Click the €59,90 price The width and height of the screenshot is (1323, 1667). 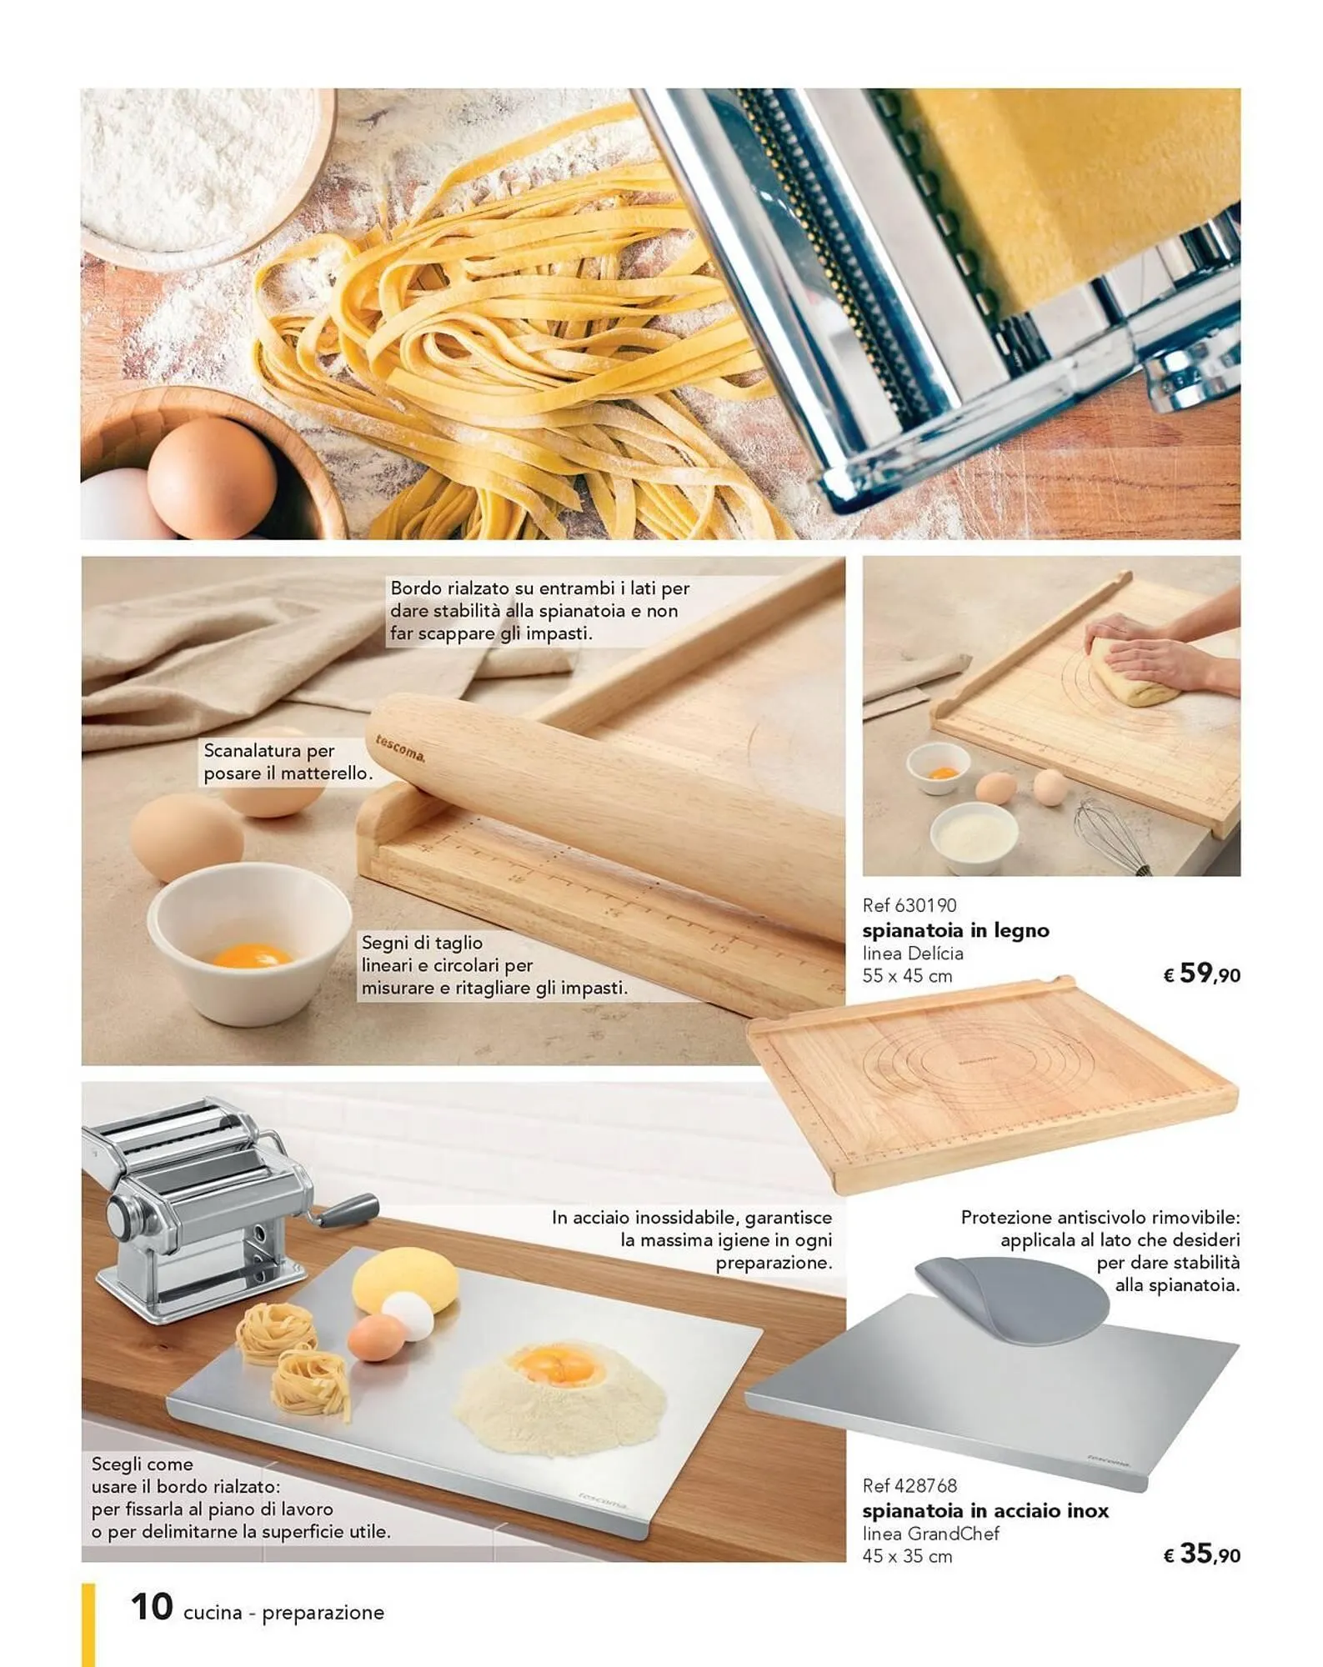(x=1201, y=973)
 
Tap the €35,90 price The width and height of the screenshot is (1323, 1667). (x=1201, y=1553)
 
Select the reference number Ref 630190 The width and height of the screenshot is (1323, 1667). (x=910, y=905)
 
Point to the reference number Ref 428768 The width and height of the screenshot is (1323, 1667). (x=910, y=1485)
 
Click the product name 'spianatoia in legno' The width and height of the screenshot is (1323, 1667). (x=955, y=930)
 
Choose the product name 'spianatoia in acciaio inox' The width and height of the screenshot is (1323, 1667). (x=985, y=1510)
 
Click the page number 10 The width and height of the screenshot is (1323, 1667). (x=152, y=1606)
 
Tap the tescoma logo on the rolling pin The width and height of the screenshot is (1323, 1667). (x=400, y=748)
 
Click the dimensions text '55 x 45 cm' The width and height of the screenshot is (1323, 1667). (x=907, y=976)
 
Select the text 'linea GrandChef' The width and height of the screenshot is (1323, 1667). (x=930, y=1534)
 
